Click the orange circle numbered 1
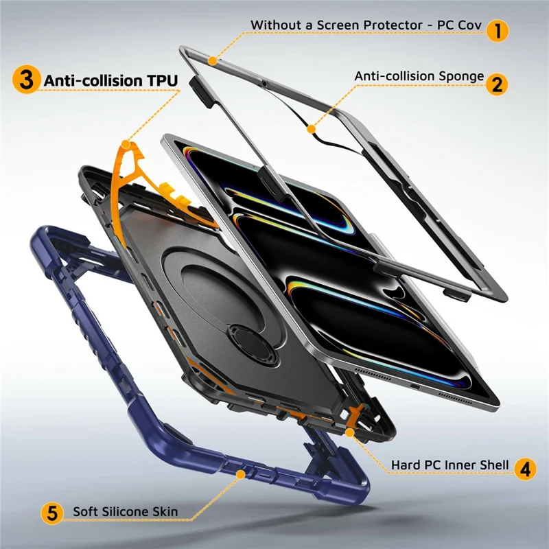[497, 31]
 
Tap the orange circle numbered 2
[497, 84]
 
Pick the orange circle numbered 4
[525, 469]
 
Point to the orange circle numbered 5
[52, 513]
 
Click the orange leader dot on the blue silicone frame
[241, 474]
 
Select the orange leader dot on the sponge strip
[312, 129]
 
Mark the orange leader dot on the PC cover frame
[212, 60]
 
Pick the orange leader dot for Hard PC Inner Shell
[349, 433]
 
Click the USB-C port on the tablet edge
[414, 386]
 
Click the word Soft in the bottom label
[84, 512]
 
